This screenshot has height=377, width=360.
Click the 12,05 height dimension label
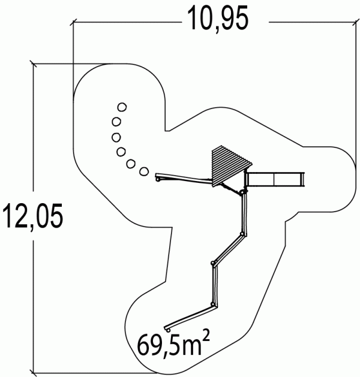(33, 216)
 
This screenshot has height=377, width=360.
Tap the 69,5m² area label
(173, 344)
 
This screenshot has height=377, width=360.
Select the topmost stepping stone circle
(122, 107)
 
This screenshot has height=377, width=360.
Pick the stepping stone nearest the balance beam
(144, 171)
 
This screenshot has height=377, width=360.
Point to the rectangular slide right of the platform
(275, 179)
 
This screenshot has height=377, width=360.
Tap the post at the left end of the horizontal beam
(158, 179)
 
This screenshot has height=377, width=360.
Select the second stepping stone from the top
(116, 122)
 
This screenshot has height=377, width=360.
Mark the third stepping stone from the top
(116, 137)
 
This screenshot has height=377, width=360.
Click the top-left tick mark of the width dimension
(73, 22)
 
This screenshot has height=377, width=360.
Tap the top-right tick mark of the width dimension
(355, 22)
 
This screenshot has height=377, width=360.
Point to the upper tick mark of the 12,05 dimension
(33, 64)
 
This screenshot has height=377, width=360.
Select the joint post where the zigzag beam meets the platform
(242, 192)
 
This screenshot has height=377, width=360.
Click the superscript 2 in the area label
(206, 337)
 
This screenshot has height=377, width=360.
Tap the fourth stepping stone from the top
(121, 152)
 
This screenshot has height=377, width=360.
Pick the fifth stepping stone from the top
(131, 164)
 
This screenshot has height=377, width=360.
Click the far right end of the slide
(303, 179)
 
